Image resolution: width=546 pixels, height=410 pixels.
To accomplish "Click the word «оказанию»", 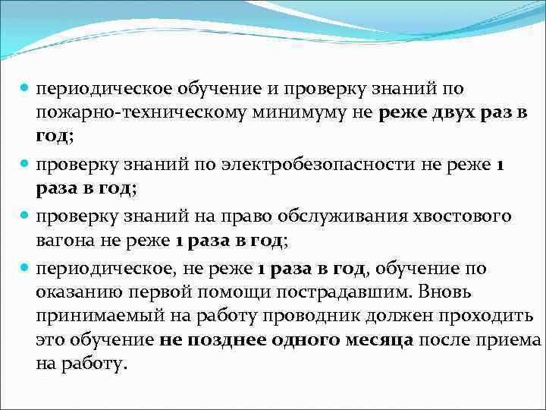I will tap(71, 292).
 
